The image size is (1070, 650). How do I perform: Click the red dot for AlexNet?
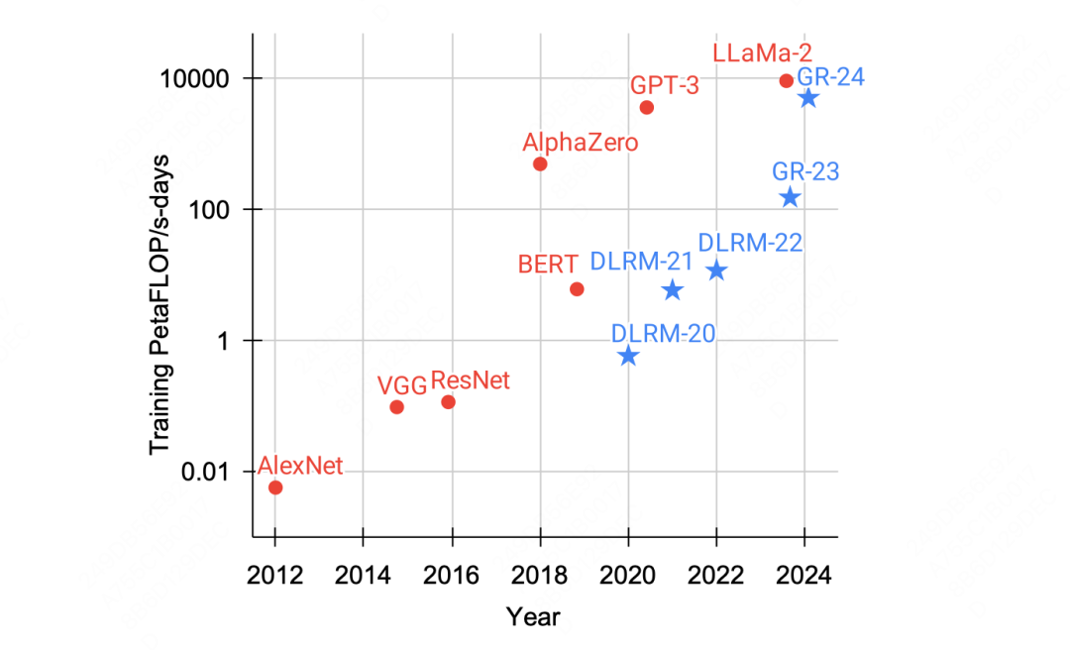[x=275, y=487]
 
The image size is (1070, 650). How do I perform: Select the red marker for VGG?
[x=396, y=406]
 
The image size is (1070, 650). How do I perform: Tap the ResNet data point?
[x=448, y=401]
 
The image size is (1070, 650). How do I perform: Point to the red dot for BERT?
[x=577, y=288]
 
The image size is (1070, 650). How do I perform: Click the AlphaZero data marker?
[x=540, y=163]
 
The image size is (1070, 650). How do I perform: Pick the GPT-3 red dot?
[x=647, y=107]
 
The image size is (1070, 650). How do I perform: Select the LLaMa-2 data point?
[x=787, y=80]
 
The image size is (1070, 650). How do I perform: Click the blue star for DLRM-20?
[x=628, y=356]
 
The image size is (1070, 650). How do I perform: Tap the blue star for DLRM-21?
[x=673, y=290]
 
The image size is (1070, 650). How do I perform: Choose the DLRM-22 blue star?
[x=716, y=271]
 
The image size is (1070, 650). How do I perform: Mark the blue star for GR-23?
[x=790, y=197]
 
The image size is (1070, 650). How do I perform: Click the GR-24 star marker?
[x=808, y=97]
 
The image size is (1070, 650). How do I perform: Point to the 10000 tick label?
[x=196, y=78]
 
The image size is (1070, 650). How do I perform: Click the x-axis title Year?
[x=533, y=616]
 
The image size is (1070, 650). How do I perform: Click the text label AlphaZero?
[x=581, y=142]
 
